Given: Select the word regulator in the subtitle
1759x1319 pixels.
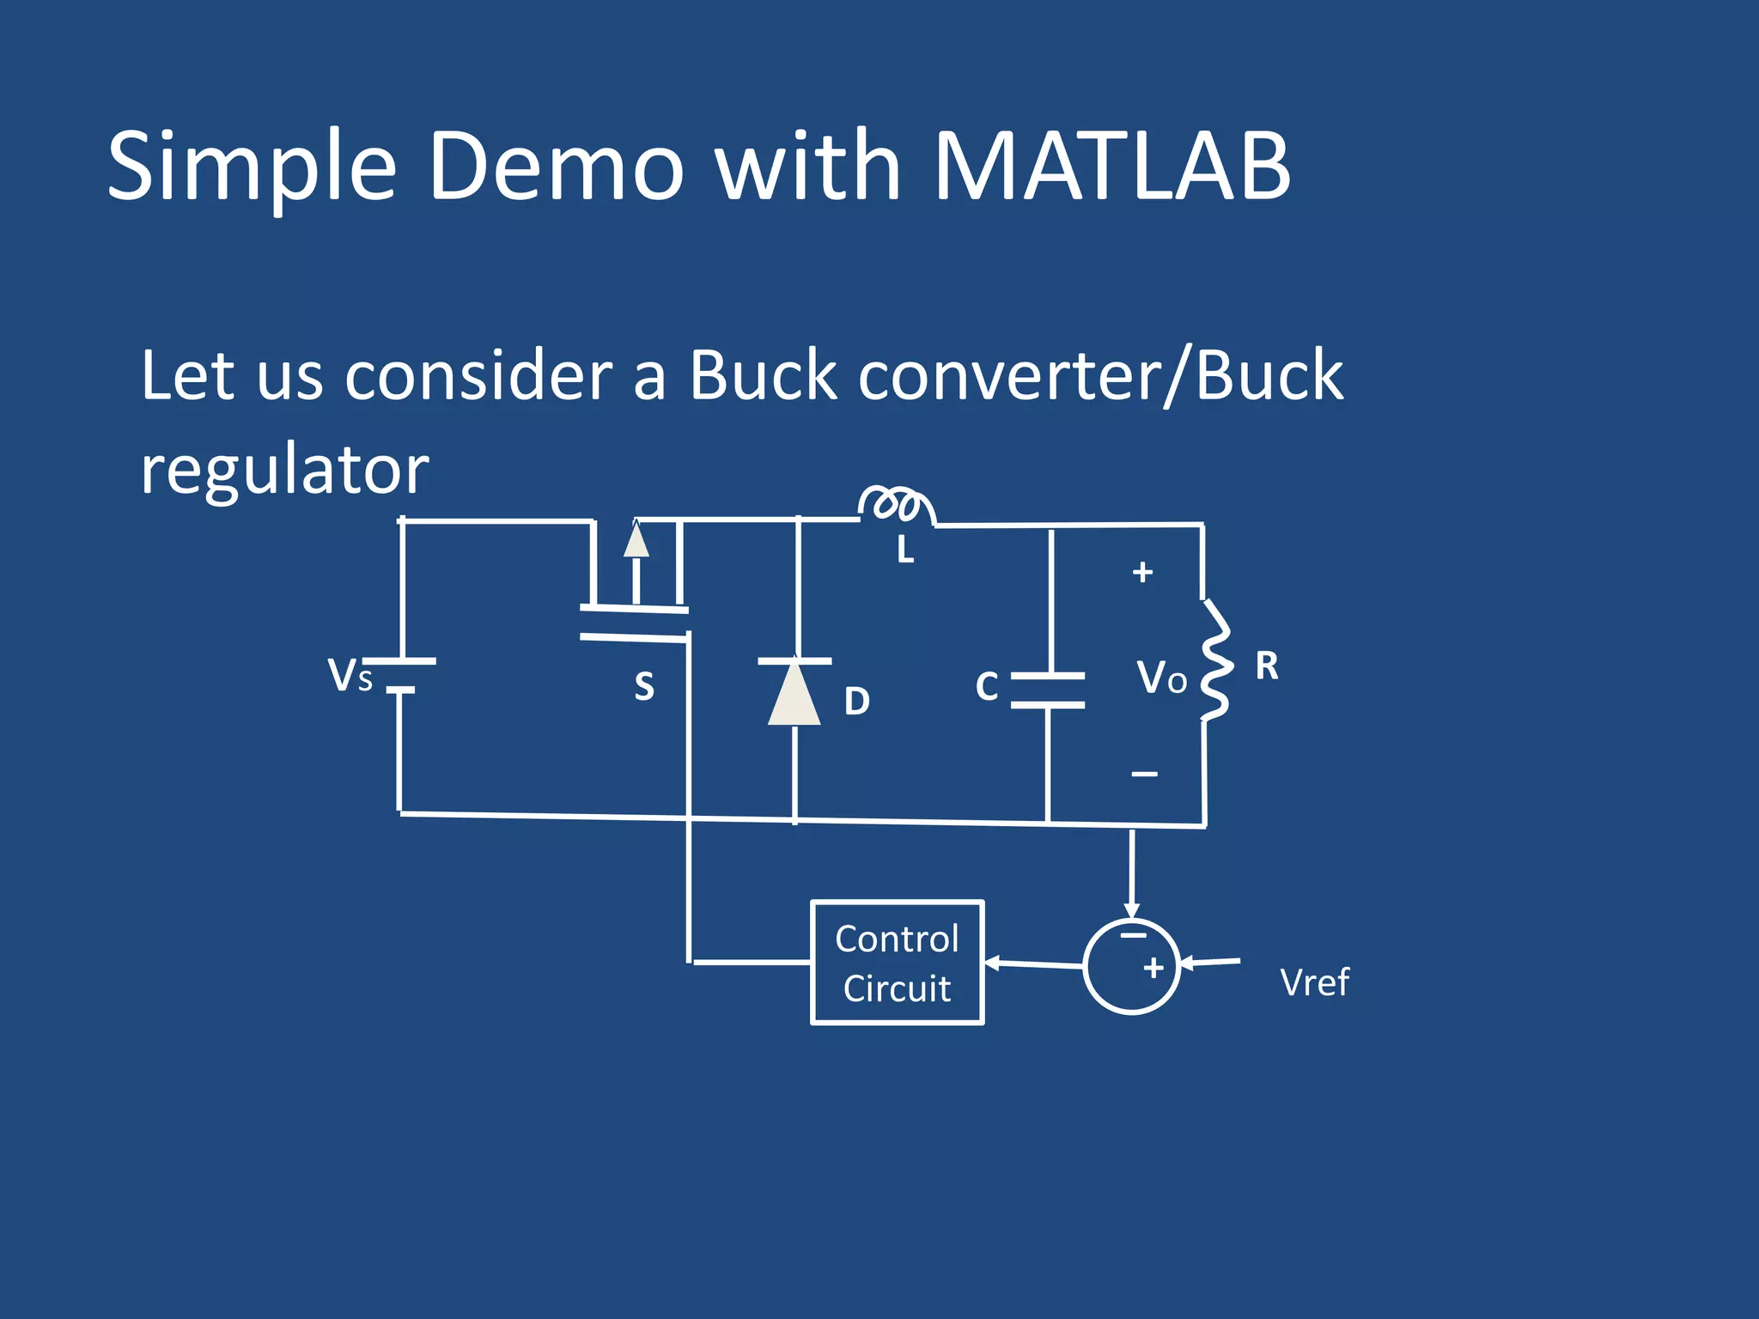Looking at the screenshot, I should tap(284, 471).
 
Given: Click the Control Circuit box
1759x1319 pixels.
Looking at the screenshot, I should tap(897, 963).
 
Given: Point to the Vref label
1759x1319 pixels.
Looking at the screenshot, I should tap(1314, 982).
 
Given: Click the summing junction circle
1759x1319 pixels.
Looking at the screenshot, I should tap(1131, 966).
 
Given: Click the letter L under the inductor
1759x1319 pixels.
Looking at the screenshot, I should tap(905, 550).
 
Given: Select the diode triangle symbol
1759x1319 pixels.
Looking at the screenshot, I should tap(794, 693).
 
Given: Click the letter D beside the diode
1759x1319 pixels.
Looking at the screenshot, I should tap(856, 702).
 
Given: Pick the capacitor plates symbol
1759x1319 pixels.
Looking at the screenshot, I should tap(1048, 690).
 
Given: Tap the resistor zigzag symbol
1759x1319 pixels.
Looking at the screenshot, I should tap(1214, 659).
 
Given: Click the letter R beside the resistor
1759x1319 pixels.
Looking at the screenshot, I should tap(1267, 666).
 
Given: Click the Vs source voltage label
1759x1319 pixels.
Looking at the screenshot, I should tap(350, 676).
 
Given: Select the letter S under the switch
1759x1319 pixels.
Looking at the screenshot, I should tap(644, 687).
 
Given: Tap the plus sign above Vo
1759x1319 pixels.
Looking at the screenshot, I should tap(1142, 573).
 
